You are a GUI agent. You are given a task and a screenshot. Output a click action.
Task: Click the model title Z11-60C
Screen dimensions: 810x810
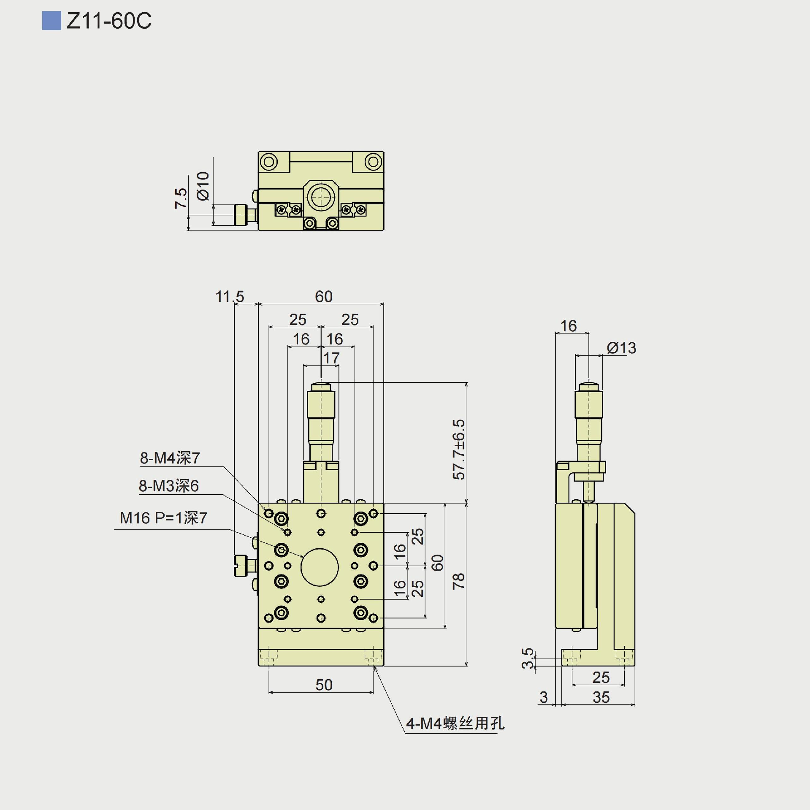pyautogui.click(x=109, y=21)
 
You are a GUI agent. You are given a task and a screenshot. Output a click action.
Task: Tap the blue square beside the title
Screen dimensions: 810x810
pyautogui.click(x=51, y=21)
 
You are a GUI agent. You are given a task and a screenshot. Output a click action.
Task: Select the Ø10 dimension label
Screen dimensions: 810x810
pyautogui.click(x=203, y=186)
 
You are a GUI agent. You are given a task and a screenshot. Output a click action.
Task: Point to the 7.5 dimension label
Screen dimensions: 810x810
pyautogui.click(x=181, y=198)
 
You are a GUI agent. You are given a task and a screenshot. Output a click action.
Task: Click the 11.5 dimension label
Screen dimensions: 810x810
pyautogui.click(x=230, y=296)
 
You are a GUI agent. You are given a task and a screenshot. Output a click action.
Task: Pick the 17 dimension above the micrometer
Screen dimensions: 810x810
pyautogui.click(x=331, y=358)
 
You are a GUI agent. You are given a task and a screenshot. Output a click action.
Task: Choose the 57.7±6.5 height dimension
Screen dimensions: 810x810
pyautogui.click(x=458, y=450)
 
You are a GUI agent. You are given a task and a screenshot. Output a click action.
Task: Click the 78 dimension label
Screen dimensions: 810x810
pyautogui.click(x=458, y=581)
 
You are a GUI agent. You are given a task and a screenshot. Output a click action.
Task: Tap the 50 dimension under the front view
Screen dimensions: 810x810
pyautogui.click(x=324, y=685)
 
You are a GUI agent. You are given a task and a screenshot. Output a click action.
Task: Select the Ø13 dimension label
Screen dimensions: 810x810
pyautogui.click(x=621, y=348)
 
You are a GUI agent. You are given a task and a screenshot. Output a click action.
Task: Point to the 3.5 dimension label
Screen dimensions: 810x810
pyautogui.click(x=528, y=658)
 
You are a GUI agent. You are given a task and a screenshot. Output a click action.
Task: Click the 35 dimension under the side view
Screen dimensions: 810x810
pyautogui.click(x=601, y=697)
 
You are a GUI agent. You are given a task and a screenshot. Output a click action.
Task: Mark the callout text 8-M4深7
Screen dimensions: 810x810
pyautogui.click(x=170, y=458)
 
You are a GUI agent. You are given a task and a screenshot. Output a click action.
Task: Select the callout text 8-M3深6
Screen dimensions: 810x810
pyautogui.click(x=169, y=486)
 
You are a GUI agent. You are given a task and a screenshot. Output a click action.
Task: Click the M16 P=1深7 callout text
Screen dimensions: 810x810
pyautogui.click(x=163, y=518)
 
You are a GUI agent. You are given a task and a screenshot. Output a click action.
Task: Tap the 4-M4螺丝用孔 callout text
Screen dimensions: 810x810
pyautogui.click(x=455, y=723)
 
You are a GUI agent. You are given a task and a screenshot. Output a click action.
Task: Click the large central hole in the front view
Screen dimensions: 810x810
pyautogui.click(x=320, y=567)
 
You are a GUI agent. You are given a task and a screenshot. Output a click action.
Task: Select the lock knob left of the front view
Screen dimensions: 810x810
pyautogui.click(x=241, y=565)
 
